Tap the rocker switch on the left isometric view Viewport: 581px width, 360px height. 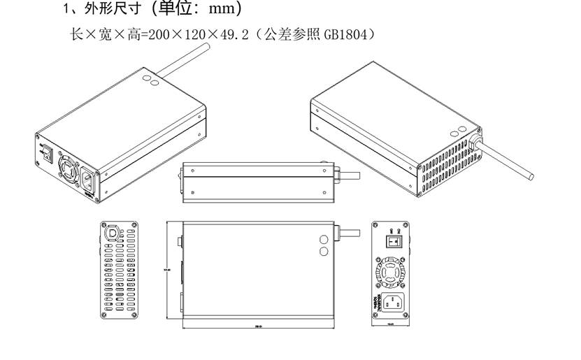[46, 154]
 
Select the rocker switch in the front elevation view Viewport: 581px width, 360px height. [394, 240]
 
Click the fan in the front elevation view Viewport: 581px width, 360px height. [394, 271]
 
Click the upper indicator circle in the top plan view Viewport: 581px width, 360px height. [324, 238]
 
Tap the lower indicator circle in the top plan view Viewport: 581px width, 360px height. [324, 250]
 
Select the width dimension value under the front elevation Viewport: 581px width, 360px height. [392, 326]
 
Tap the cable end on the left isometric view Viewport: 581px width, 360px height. [208, 47]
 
